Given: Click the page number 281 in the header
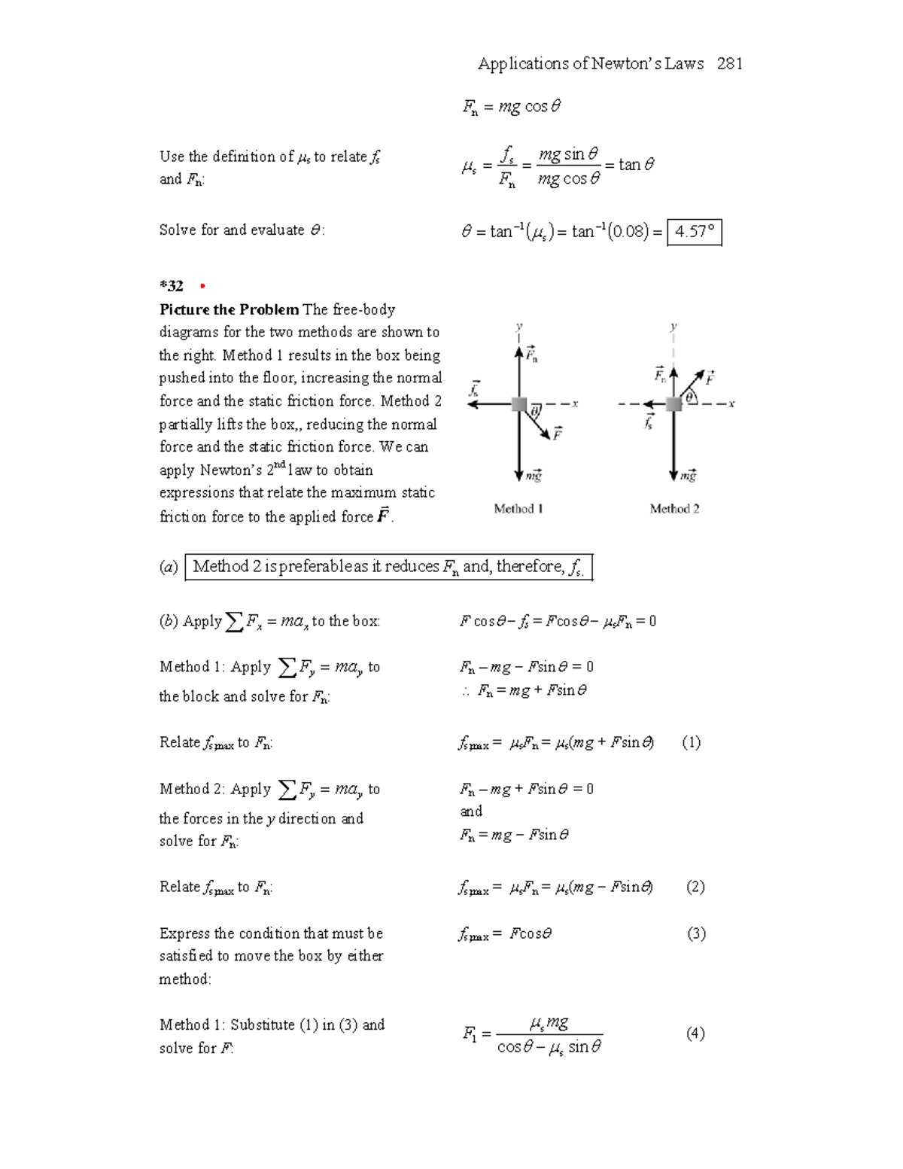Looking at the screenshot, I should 729,64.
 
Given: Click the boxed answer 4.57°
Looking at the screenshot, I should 695,232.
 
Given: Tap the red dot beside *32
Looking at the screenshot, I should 202,286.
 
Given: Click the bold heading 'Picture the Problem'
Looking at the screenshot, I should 229,309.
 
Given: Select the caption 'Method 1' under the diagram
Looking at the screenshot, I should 518,509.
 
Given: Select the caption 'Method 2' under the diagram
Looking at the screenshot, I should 674,509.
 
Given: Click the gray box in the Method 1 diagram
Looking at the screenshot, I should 519,404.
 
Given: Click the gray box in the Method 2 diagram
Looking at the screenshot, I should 673,404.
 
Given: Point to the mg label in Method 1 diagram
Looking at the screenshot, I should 534,476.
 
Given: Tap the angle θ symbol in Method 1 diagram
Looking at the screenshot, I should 535,412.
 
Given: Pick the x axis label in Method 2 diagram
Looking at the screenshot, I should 731,404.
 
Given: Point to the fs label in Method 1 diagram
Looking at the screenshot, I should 474,390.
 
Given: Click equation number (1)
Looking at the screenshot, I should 691,743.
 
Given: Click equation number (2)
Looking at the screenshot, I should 695,887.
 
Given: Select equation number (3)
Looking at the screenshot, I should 695,934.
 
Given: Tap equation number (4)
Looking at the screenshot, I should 695,1034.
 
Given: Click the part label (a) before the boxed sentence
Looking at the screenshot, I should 169,567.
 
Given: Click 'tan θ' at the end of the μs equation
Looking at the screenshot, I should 636,164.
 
